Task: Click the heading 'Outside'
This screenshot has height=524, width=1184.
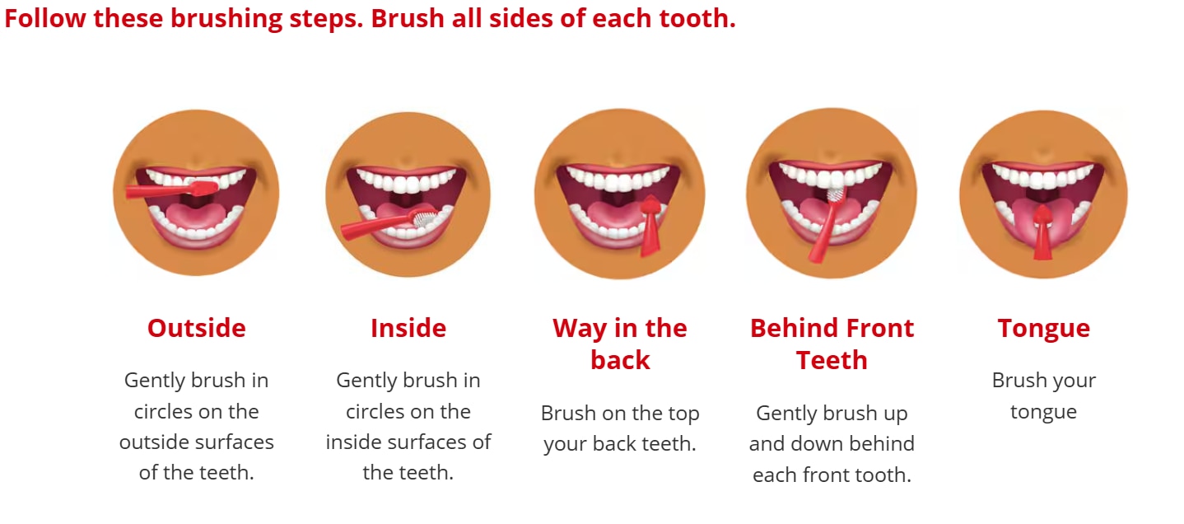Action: pyautogui.click(x=197, y=329)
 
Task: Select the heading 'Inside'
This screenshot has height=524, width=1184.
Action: pyautogui.click(x=408, y=329)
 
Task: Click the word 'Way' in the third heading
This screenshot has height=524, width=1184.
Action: pyautogui.click(x=580, y=330)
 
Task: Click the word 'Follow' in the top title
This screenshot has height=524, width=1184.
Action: pyautogui.click(x=45, y=18)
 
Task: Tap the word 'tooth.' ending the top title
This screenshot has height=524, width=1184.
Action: pyautogui.click(x=697, y=18)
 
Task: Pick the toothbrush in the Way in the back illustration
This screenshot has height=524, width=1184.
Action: pyautogui.click(x=650, y=225)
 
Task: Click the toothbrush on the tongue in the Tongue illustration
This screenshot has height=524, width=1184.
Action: pyautogui.click(x=1043, y=232)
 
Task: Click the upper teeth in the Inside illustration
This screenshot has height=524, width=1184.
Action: pyautogui.click(x=407, y=180)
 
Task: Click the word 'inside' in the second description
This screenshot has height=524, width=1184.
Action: pyautogui.click(x=353, y=442)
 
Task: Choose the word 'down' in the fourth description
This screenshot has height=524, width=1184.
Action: pyautogui.click(x=817, y=443)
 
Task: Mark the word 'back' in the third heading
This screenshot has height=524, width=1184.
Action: pyautogui.click(x=620, y=361)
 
